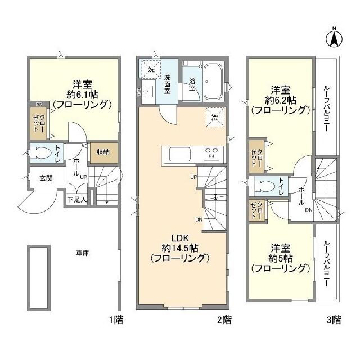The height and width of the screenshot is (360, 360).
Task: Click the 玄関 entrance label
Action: (x=46, y=178)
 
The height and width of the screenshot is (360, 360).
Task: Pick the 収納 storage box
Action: (x=103, y=152)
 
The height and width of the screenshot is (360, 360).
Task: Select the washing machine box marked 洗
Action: (x=149, y=69)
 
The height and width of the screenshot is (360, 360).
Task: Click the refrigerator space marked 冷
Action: (x=215, y=118)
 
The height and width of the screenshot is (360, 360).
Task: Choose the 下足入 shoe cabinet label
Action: (x=77, y=199)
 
